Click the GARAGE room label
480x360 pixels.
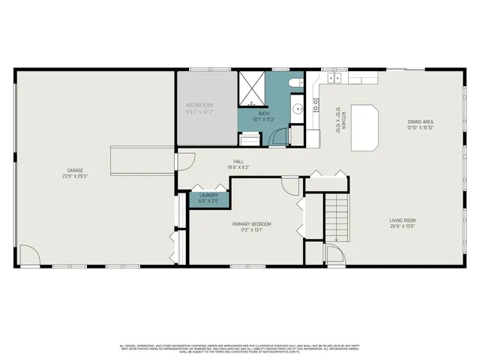pyautogui.click(x=73, y=170)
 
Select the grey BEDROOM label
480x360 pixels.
pyautogui.click(x=200, y=104)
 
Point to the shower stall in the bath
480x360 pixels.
pyautogui.click(x=253, y=87)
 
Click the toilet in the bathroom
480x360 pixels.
pyautogui.click(x=296, y=82)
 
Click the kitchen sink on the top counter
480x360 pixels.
pyautogui.click(x=333, y=77)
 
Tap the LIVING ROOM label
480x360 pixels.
pyautogui.click(x=402, y=220)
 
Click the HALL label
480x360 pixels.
pyautogui.click(x=238, y=161)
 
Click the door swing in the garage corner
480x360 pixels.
pyautogui.click(x=28, y=256)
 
